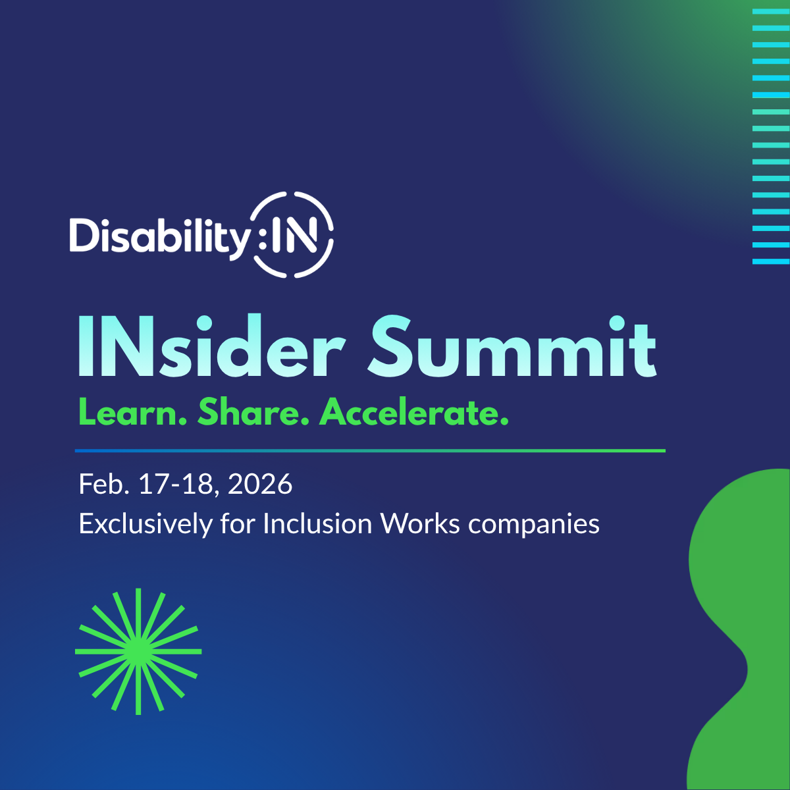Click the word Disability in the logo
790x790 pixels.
click(158, 234)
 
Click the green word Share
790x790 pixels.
click(253, 413)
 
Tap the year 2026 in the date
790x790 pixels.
click(260, 485)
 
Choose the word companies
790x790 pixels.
click(534, 525)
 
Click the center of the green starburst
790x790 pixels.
click(138, 651)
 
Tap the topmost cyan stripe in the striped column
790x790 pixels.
click(770, 12)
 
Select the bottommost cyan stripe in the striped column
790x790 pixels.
click(770, 261)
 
